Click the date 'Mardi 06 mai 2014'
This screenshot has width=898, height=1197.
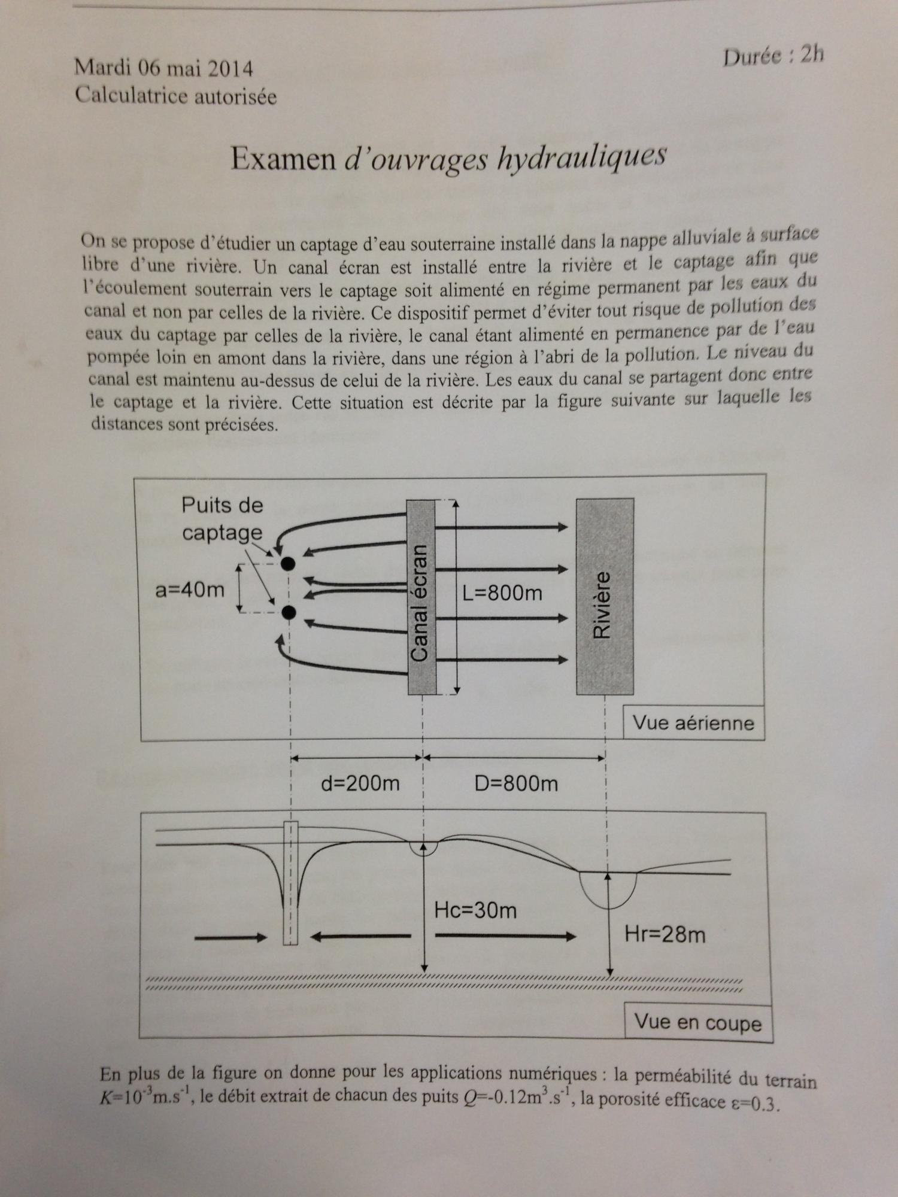coord(163,69)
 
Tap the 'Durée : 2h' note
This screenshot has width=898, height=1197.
coord(773,56)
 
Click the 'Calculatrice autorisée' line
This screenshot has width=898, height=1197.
coord(175,96)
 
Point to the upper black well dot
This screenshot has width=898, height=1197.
coord(289,563)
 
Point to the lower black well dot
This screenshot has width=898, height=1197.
coord(289,612)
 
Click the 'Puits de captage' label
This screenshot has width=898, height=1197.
coord(222,519)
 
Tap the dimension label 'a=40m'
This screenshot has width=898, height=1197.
coord(190,590)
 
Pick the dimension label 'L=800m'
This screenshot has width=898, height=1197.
coord(503,593)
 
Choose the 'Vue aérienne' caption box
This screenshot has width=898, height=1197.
coord(693,724)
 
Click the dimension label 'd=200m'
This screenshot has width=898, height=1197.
coord(360,783)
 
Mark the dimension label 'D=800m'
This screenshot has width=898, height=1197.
coord(516,783)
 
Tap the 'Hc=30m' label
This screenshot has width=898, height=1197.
coord(475,910)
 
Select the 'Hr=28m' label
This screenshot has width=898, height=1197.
coord(665,934)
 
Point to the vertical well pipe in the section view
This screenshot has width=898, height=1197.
coord(290,883)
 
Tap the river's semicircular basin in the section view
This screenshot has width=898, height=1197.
coord(608,890)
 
